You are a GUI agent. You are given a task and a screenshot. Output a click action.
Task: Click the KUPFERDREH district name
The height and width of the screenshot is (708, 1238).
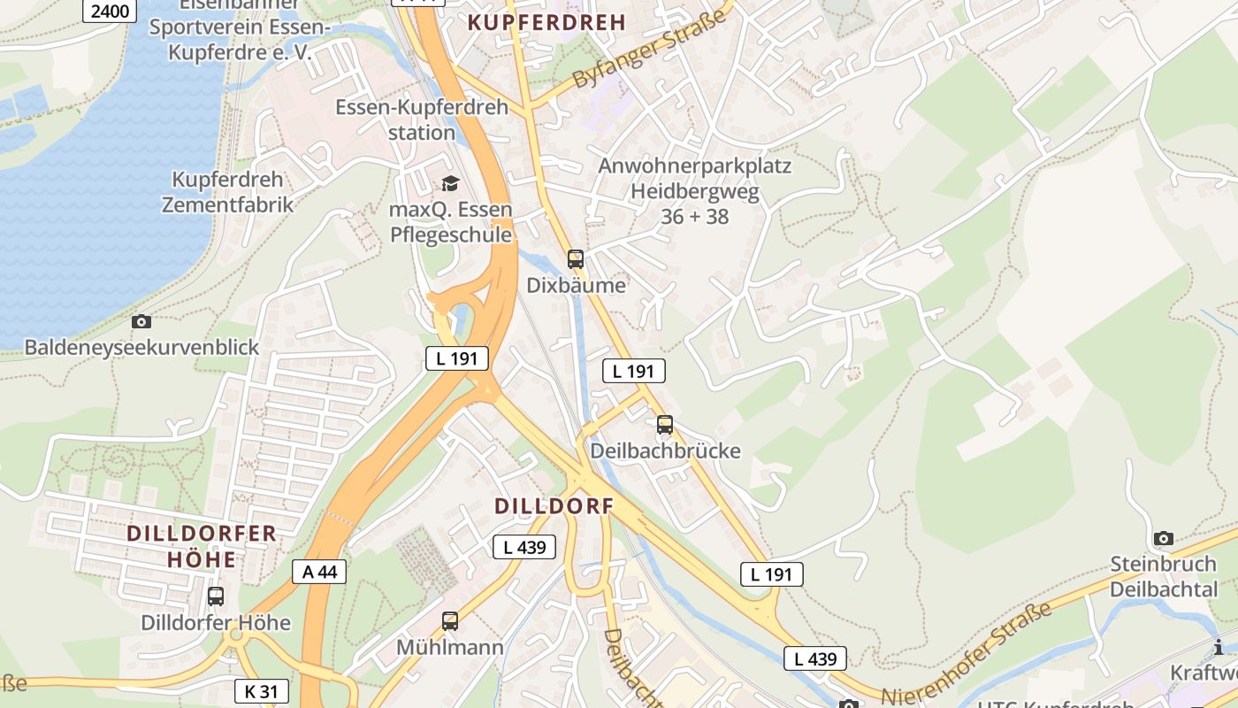pos(546,23)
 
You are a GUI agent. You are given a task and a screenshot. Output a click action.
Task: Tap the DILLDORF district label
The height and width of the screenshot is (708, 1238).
pos(554,506)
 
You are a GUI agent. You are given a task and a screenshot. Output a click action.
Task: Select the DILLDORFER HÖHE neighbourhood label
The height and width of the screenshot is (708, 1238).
pos(202,546)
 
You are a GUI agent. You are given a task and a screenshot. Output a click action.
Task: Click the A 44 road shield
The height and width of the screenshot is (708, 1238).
pos(319,572)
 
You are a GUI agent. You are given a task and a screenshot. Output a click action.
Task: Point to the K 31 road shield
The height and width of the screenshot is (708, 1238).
pos(262,691)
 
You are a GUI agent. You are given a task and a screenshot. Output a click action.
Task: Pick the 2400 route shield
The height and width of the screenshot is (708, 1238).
pos(109,12)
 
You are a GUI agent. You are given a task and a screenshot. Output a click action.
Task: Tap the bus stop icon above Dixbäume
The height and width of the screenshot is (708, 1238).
pos(576,259)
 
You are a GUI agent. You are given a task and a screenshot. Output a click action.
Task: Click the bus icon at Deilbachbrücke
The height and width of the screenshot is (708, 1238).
pos(665,425)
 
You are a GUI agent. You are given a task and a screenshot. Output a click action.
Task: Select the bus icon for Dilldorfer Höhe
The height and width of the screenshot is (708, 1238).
pos(216,596)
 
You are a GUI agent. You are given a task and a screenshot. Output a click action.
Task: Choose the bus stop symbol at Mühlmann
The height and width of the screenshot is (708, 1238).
pos(450,621)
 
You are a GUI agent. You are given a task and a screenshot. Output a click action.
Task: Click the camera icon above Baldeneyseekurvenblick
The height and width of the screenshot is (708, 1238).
pos(141,321)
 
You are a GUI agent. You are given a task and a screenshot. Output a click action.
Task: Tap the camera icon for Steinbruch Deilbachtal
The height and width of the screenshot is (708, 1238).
pos(1164,538)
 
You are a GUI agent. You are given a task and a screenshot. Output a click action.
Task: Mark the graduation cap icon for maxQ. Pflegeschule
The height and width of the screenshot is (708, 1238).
pos(450,183)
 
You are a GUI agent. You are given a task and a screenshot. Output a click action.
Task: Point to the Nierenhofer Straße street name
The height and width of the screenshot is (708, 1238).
pos(966,653)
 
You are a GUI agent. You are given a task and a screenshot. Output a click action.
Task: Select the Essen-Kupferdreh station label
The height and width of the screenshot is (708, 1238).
pos(422,120)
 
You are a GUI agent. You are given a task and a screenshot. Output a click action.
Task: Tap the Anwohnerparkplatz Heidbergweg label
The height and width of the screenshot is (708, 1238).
pos(694,190)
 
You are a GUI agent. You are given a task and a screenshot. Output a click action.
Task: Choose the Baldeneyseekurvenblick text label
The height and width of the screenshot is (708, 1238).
pos(141,347)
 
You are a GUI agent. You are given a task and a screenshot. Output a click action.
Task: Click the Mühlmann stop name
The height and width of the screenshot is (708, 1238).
pos(449,647)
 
